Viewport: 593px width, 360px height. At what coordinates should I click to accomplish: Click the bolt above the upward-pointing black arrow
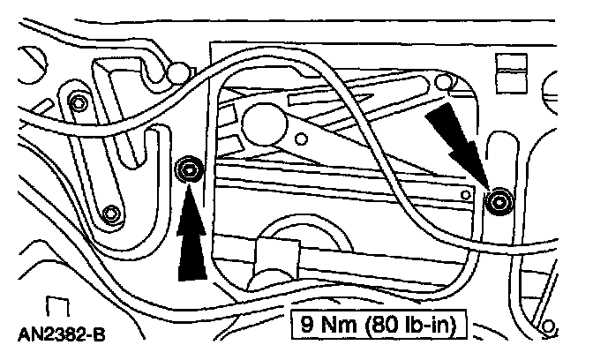point(187,169)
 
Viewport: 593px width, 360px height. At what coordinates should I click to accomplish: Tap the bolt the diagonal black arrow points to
point(500,202)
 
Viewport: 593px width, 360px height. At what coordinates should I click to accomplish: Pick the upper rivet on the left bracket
point(79,101)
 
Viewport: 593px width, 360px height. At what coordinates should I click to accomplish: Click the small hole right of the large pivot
point(302,138)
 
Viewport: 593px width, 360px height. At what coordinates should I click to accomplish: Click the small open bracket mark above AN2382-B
point(57,308)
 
